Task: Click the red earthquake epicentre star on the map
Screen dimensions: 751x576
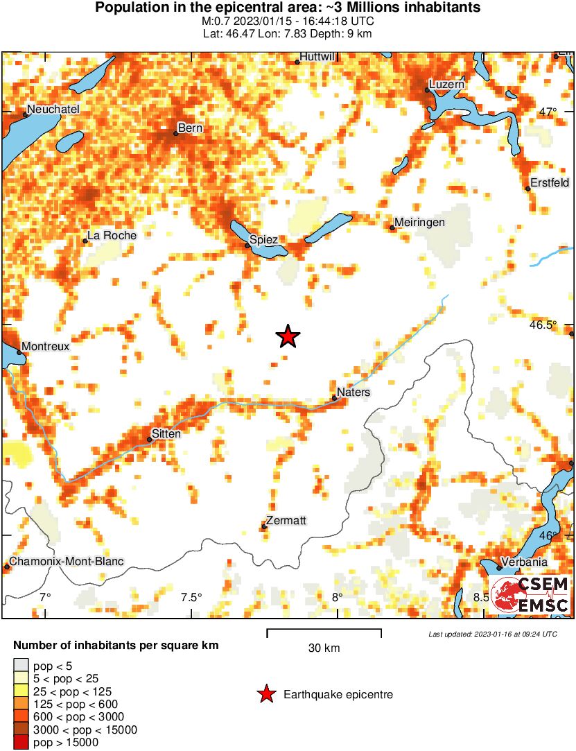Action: pos(288,336)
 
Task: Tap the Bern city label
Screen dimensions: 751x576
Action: pos(190,128)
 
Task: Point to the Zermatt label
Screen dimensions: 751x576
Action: pos(286,521)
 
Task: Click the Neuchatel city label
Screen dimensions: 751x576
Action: pos(53,109)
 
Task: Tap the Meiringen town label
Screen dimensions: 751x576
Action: pos(419,223)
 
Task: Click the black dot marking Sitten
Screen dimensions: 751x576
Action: pos(149,439)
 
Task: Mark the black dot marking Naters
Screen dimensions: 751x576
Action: pos(334,398)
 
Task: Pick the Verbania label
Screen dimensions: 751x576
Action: pos(524,562)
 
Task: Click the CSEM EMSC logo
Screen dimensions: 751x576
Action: pos(530,595)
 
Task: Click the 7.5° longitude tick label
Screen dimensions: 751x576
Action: pos(191,597)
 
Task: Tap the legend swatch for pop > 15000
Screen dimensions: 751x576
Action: pos(21,742)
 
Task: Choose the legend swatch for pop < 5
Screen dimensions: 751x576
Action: pos(21,666)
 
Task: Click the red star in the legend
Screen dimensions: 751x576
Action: pos(265,694)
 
